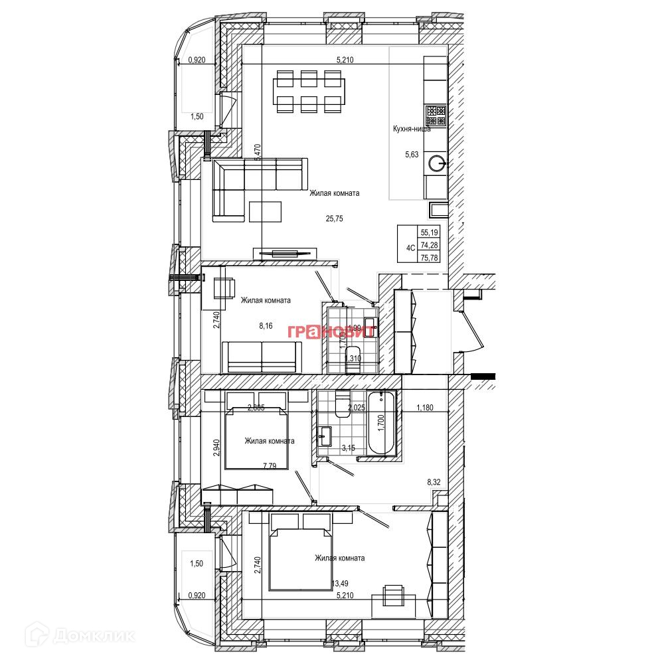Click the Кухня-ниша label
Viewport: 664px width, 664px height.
point(412,129)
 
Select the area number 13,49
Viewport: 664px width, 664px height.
point(339,584)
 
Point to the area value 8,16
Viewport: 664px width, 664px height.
point(266,326)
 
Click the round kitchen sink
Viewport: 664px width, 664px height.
point(436,163)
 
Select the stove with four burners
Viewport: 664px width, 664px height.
point(436,116)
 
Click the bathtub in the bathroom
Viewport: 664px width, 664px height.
point(381,424)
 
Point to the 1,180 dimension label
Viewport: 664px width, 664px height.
point(424,408)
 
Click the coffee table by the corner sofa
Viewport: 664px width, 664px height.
point(266,211)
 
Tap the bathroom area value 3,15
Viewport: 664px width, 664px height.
point(348,448)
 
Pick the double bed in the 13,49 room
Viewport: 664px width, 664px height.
point(300,552)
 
